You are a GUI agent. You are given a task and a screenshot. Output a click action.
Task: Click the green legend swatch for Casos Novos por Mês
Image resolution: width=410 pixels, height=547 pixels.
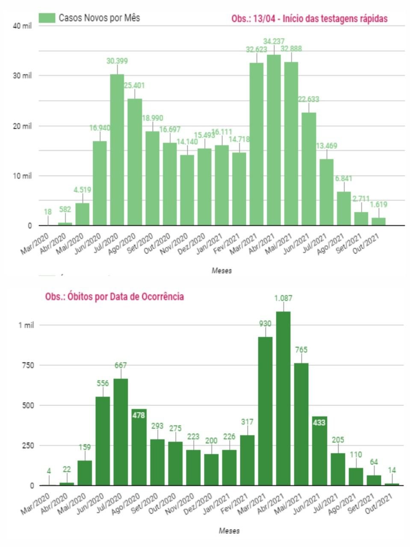coord(47,18)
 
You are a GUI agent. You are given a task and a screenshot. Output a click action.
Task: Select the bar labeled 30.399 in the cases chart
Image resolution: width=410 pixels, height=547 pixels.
coord(117,150)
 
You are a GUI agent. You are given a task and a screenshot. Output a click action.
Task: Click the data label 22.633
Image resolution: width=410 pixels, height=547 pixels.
coord(309,100)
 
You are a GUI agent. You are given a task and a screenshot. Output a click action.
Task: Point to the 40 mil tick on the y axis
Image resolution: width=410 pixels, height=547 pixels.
coord(23,26)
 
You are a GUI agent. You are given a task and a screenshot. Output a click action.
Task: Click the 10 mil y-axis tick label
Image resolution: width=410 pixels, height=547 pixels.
coord(23,176)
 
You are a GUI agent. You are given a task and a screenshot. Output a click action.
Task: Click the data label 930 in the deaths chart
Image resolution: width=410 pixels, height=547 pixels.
coord(265,323)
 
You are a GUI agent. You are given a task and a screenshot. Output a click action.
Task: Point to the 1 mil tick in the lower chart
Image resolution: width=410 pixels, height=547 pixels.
coord(26,325)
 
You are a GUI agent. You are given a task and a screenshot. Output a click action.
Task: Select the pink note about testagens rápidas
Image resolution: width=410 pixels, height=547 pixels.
coord(310,19)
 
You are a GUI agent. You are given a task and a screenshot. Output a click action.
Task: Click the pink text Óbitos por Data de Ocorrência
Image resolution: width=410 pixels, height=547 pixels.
coord(115,297)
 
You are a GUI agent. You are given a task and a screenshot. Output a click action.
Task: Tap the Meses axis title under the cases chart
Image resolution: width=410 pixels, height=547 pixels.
coord(222,271)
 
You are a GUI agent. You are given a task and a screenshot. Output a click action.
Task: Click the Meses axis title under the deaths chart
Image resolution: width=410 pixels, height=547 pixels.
coord(230,531)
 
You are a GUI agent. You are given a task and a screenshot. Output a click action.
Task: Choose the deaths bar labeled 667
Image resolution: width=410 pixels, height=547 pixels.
coord(121,432)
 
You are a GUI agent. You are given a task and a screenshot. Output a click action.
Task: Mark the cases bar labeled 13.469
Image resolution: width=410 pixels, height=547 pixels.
coord(326,192)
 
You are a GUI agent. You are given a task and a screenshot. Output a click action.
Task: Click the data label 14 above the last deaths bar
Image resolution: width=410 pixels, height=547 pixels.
coord(392,470)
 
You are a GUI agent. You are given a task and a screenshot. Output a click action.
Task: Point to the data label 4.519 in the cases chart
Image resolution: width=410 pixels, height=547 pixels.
coord(83,190)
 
